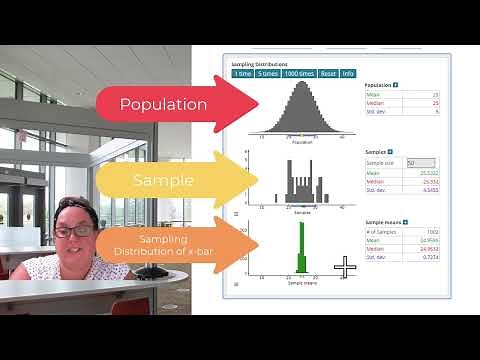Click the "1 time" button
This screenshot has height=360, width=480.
[243, 73]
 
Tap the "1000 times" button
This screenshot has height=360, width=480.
[299, 73]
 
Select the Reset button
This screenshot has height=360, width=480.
[327, 73]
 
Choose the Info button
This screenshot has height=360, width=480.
[347, 73]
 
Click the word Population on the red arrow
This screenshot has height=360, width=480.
[163, 104]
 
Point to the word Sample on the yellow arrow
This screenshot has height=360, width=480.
[163, 181]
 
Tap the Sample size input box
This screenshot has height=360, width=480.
[419, 162]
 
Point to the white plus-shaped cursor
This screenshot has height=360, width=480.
[345, 266]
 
